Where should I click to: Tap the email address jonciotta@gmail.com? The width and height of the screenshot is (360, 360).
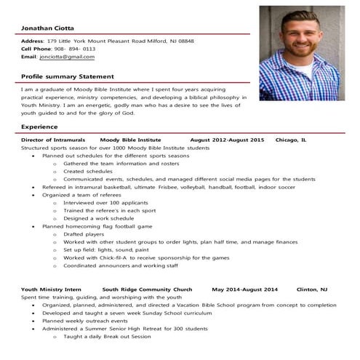pyautogui.click(x=68, y=56)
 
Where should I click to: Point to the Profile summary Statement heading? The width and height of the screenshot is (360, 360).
pyautogui.click(x=68, y=76)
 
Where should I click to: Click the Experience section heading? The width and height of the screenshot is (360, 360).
pyautogui.click(x=40, y=127)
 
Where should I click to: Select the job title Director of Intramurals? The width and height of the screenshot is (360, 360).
pyautogui.click(x=53, y=139)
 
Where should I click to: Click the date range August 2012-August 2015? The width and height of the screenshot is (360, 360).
pyautogui.click(x=226, y=139)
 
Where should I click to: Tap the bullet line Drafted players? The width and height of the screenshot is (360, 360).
pyautogui.click(x=84, y=234)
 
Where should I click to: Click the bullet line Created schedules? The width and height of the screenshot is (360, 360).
pyautogui.click(x=83, y=171)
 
